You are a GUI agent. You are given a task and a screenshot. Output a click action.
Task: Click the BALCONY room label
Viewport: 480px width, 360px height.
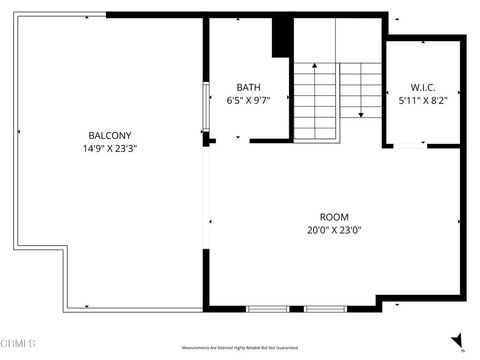point(110,135)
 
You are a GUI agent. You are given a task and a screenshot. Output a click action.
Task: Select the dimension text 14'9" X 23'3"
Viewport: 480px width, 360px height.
point(110,148)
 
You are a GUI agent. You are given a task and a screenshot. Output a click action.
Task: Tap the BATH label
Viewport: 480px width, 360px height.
point(249,87)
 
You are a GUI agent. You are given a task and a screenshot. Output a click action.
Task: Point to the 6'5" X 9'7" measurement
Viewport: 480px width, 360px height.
point(249,100)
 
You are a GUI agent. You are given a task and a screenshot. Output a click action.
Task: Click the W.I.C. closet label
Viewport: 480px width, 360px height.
point(423,87)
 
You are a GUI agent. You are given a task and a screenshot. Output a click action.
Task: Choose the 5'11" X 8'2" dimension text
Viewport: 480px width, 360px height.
point(423,100)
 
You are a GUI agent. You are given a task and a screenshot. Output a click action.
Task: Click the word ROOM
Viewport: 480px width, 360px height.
point(334,217)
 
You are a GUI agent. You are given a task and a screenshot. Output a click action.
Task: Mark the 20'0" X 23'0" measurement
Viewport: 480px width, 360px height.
point(334,230)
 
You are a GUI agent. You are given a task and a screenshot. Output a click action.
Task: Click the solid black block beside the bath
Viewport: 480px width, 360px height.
point(283,39)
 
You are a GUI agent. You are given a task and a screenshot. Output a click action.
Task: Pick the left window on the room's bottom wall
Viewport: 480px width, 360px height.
point(268,307)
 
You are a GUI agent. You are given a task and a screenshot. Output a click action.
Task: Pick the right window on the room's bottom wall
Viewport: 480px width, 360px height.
point(325,307)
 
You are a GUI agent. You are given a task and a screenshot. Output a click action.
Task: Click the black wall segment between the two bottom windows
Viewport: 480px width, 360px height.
point(296,307)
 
